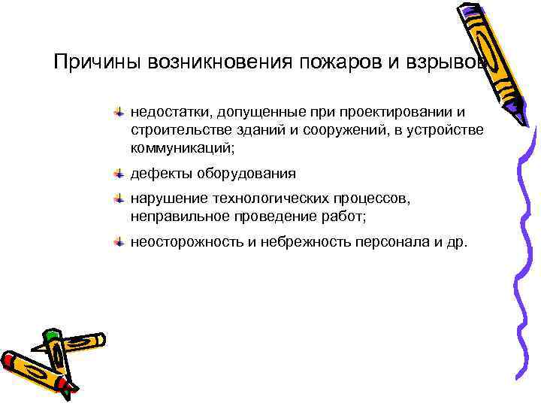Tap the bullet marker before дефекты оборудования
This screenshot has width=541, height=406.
pyautogui.click(x=118, y=174)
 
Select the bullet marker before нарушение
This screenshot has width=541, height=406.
pyautogui.click(x=118, y=199)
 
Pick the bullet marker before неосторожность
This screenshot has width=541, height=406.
pyautogui.click(x=118, y=242)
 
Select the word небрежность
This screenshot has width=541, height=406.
pyautogui.click(x=301, y=242)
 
